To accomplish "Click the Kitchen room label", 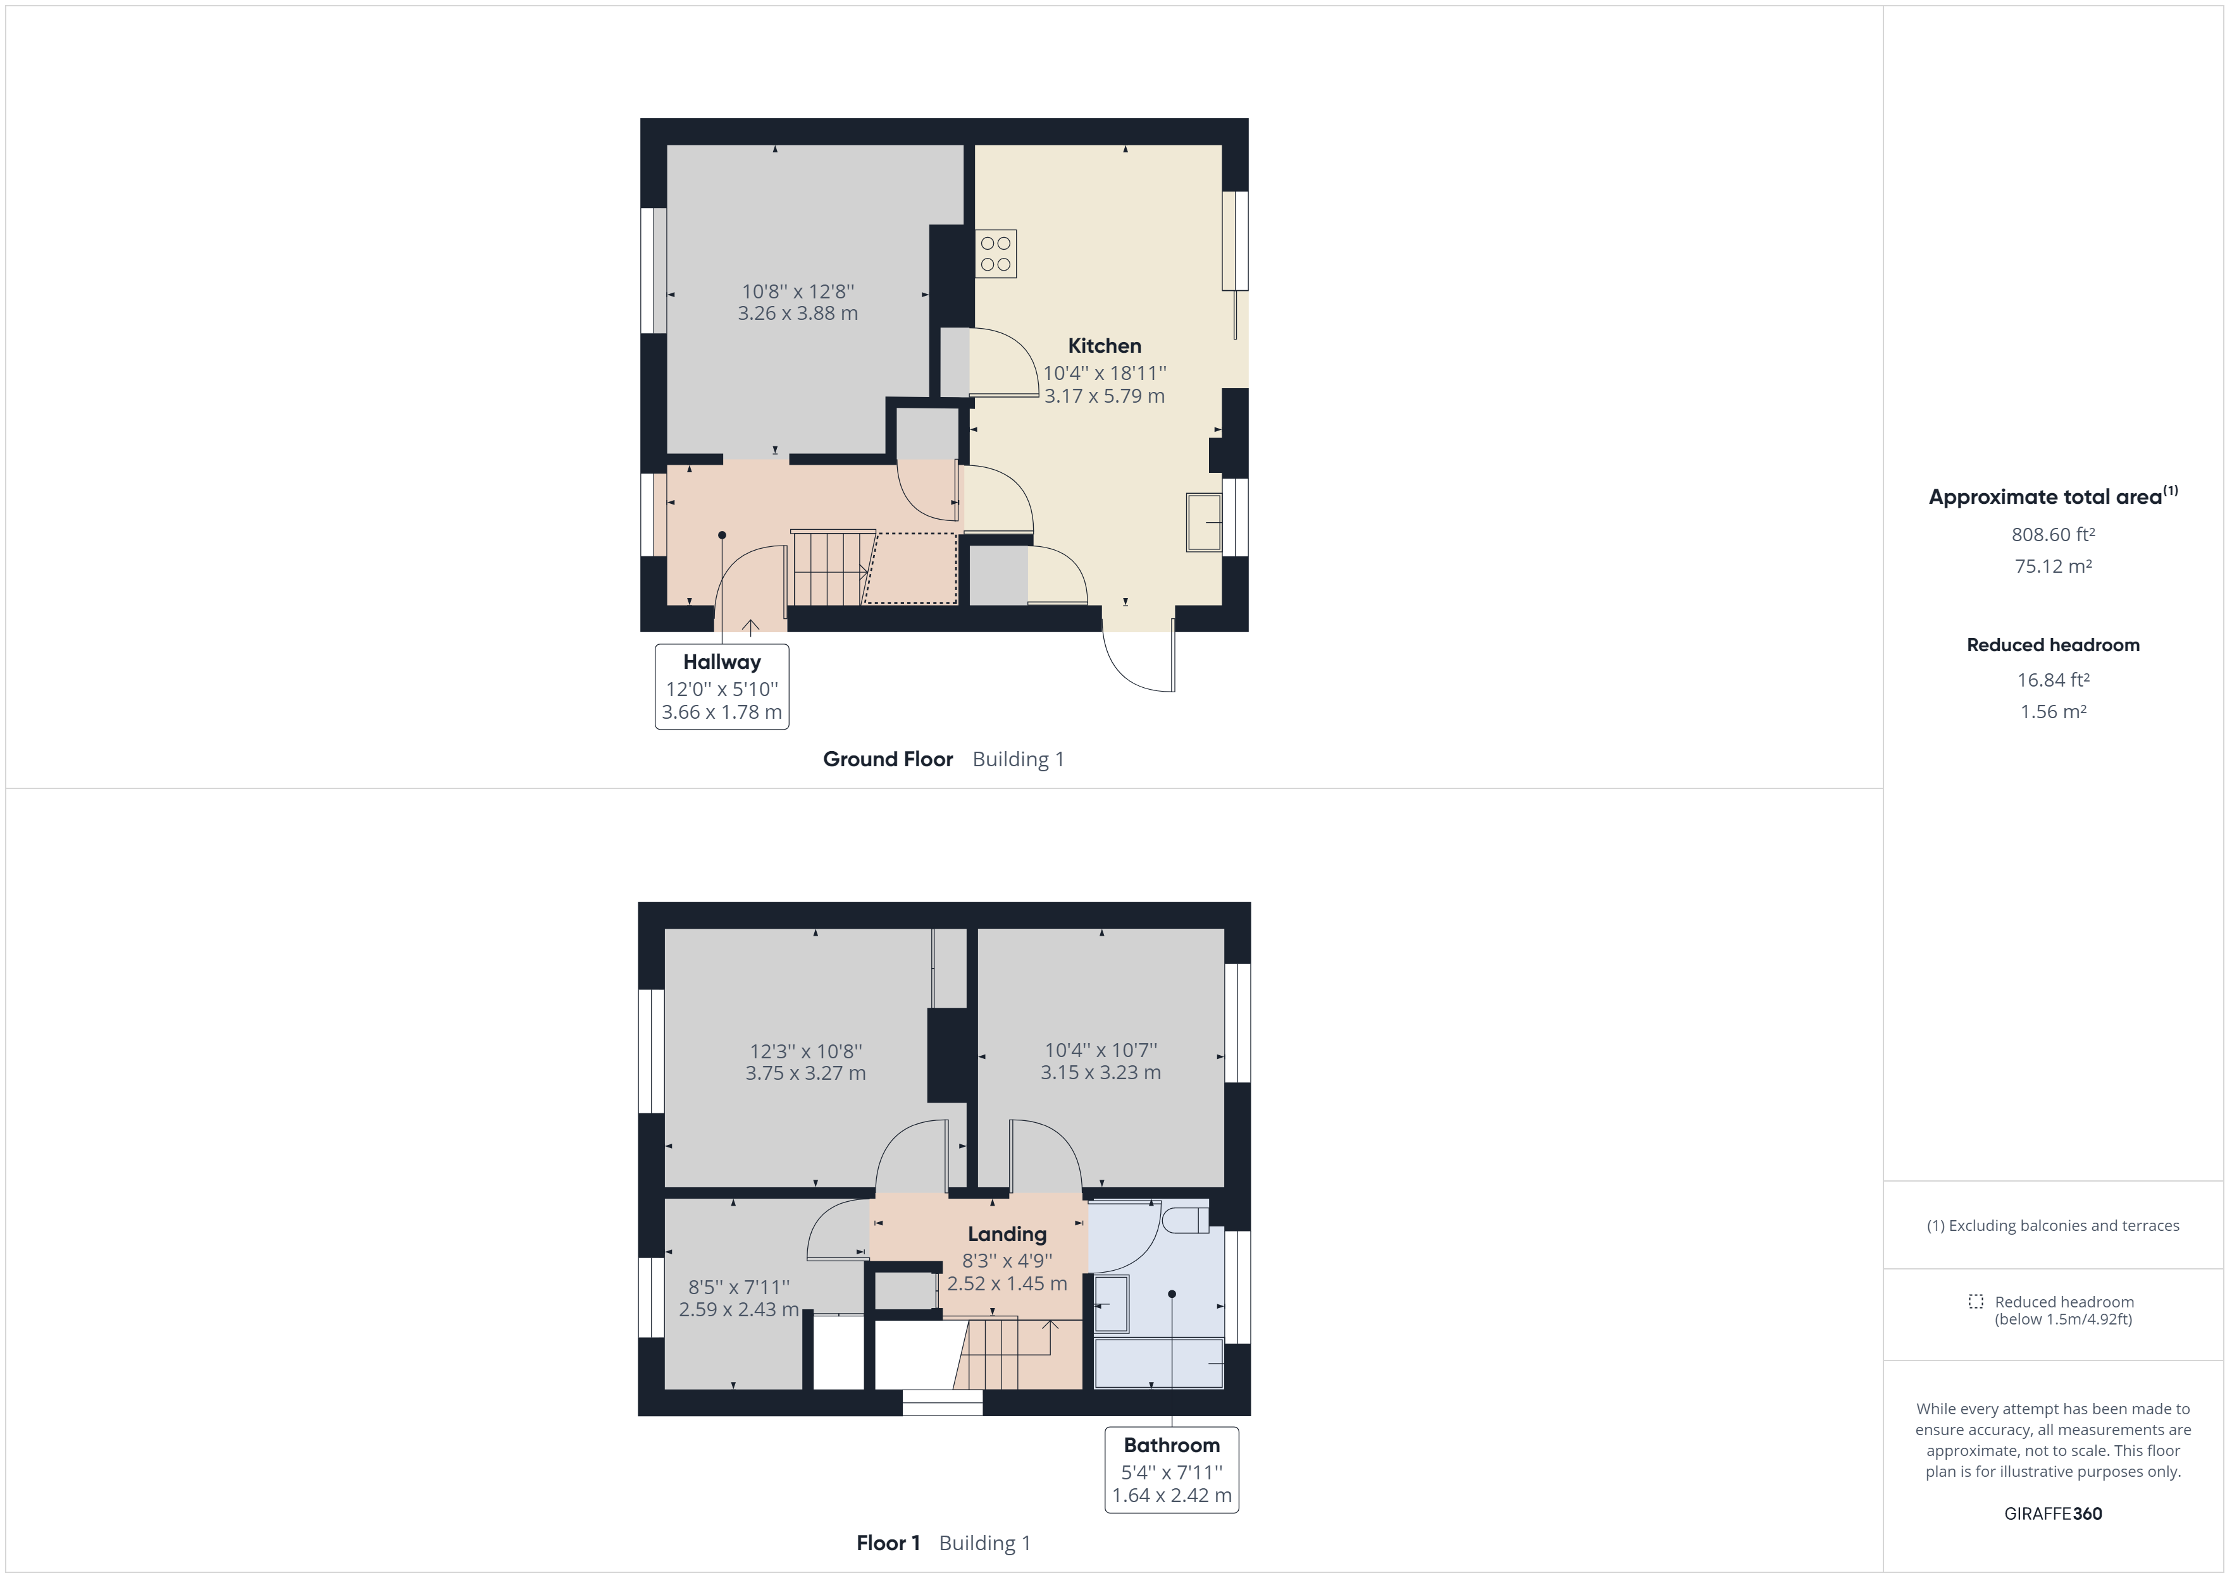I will point(1105,346).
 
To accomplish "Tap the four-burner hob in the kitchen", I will point(995,254).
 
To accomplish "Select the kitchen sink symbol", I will point(1203,523).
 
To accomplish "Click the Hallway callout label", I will point(721,663).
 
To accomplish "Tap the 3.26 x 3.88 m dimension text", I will point(797,313).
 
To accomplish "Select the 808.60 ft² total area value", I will point(2052,534).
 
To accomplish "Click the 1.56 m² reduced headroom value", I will point(2052,711).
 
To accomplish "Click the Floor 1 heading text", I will point(888,1543).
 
